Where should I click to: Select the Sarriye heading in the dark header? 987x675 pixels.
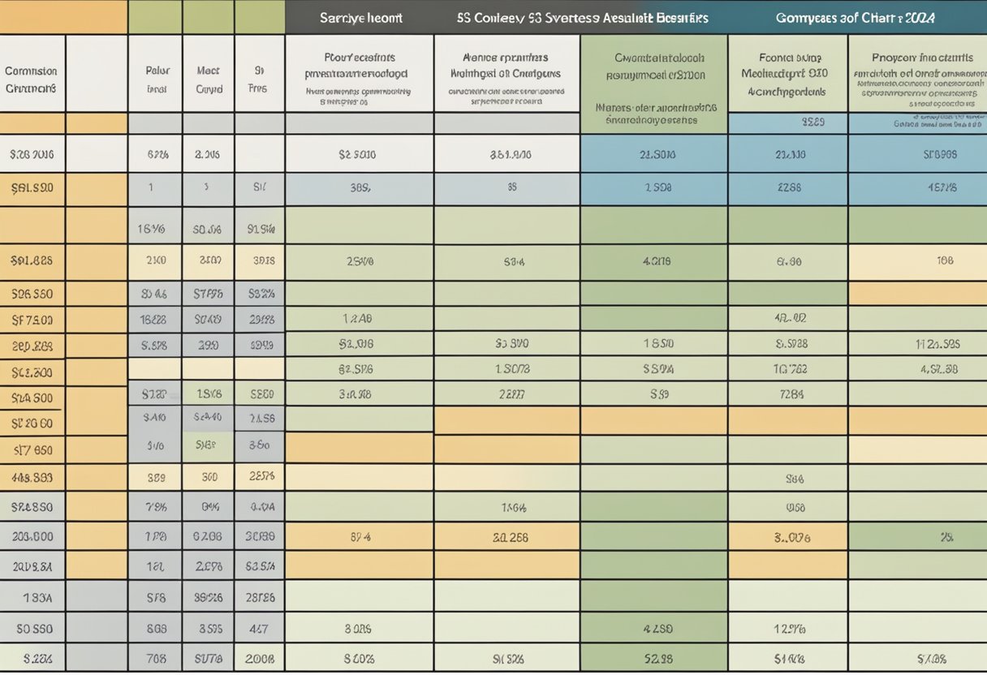341,17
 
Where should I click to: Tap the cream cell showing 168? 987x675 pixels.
945,261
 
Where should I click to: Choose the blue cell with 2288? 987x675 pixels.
789,187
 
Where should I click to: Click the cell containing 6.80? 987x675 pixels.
789,261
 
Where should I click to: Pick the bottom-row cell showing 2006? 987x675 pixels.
260,658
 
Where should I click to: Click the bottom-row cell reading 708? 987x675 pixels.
156,658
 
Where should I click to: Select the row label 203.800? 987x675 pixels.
32,536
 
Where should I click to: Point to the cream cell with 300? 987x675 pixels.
209,478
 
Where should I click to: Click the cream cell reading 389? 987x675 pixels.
156,478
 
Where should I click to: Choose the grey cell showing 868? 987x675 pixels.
156,627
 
